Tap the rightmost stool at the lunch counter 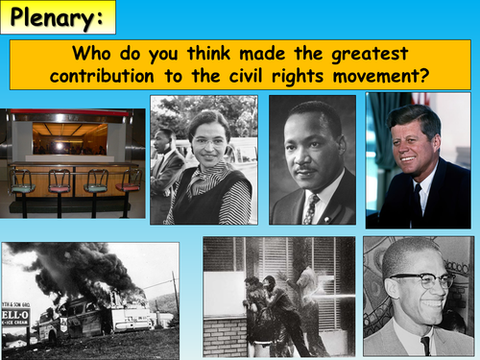tap(129, 182)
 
